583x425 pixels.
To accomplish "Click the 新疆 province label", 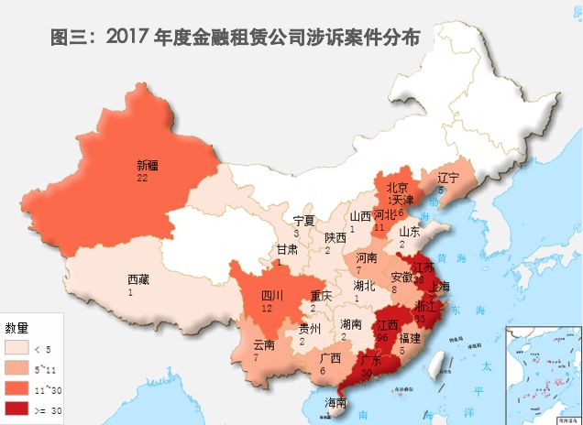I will point(148,166).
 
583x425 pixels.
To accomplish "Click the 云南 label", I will point(264,344).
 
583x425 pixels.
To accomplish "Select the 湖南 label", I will point(350,324).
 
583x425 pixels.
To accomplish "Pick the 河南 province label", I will point(366,258).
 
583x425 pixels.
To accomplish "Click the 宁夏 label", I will point(303,221).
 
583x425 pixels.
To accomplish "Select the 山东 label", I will point(410,232).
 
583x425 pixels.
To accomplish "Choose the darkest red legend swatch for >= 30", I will point(17,408).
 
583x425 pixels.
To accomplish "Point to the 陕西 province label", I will point(335,237).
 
